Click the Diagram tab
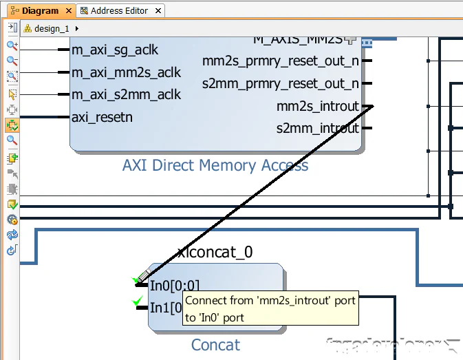39,11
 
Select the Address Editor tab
119,11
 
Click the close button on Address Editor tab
158,11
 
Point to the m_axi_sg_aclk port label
115,50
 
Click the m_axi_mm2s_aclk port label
126,72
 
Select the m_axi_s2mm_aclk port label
126,94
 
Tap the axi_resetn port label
102,117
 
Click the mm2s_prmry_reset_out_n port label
280,61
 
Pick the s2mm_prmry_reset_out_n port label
280,84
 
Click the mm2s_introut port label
317,106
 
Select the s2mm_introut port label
317,128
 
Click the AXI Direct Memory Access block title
215,165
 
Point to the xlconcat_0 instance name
215,253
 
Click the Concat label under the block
215,345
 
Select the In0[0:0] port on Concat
174,286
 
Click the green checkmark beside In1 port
138,301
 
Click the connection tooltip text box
270,309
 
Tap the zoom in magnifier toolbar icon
12,45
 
